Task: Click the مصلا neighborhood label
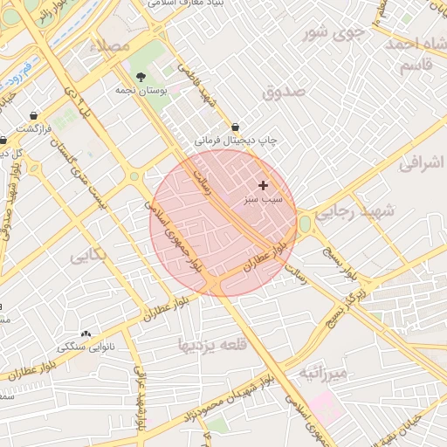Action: (x=114, y=45)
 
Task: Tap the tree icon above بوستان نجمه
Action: (x=141, y=77)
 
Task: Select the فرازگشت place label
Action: (x=34, y=127)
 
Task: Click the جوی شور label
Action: (x=332, y=34)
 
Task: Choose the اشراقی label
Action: (x=422, y=162)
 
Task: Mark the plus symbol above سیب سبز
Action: (x=263, y=185)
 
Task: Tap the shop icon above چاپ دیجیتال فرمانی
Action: (x=237, y=126)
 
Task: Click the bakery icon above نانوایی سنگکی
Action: (x=86, y=334)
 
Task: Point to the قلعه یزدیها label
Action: (x=214, y=344)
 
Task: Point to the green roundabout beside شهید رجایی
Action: (x=305, y=223)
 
